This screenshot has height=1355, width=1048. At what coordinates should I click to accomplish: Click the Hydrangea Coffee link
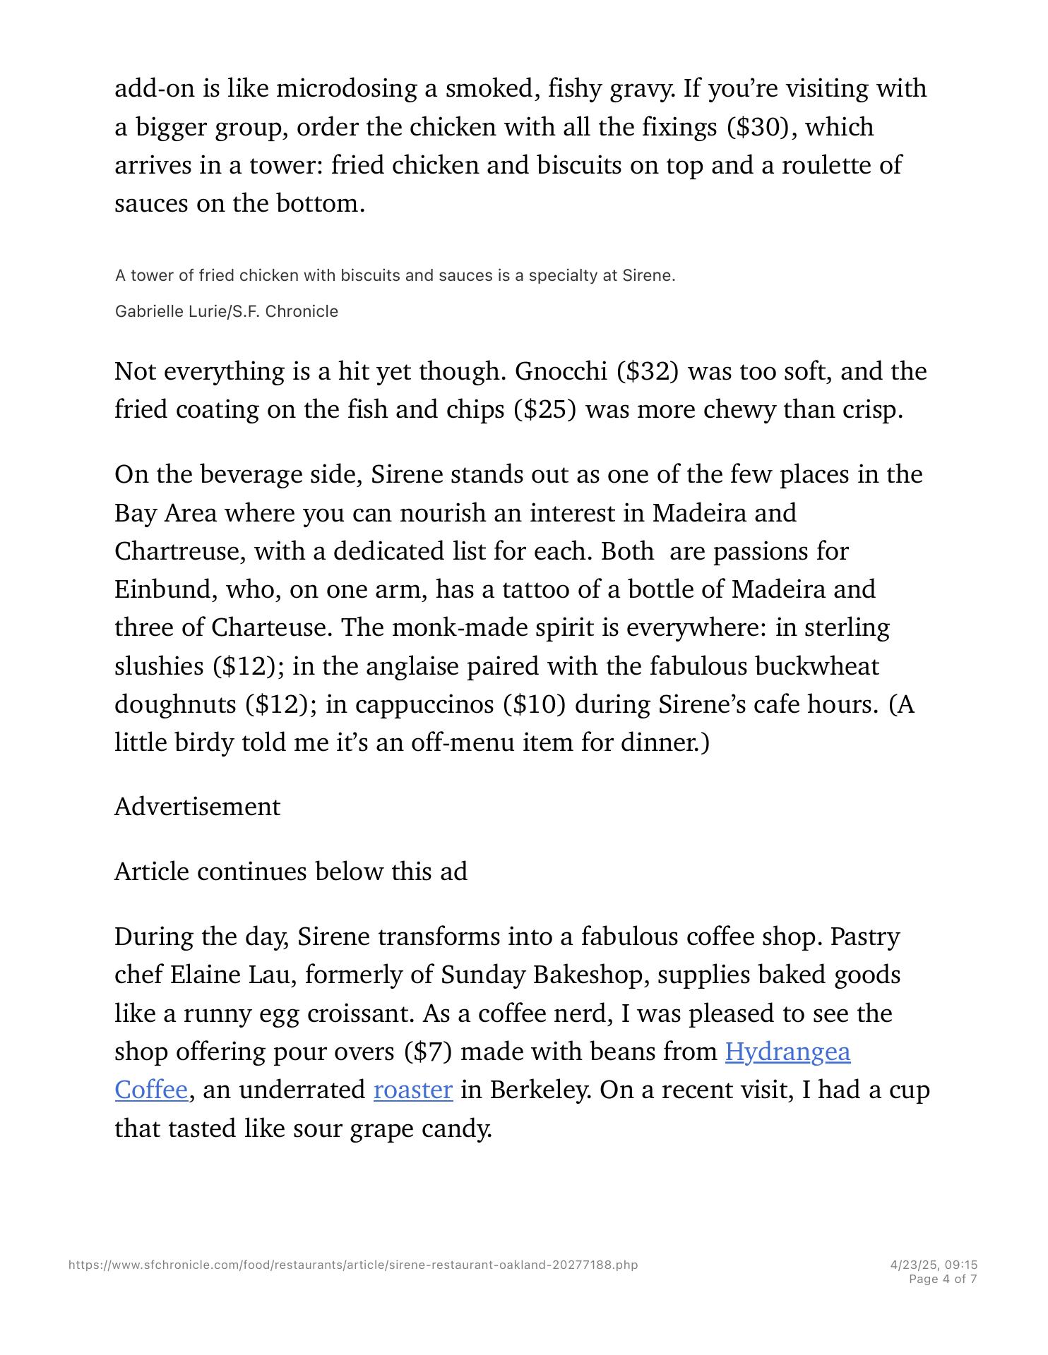tap(787, 1052)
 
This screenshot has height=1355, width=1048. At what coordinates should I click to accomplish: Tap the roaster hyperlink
tap(412, 1090)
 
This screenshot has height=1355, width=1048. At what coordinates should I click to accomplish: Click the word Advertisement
tap(197, 807)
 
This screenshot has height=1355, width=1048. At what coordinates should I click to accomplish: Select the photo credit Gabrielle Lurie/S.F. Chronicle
tap(226, 311)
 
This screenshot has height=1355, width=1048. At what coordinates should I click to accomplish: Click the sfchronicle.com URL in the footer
tap(353, 1265)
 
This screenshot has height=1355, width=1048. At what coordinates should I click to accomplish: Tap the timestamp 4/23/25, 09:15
tap(934, 1265)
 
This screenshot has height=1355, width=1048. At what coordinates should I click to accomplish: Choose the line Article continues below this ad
tap(290, 872)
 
